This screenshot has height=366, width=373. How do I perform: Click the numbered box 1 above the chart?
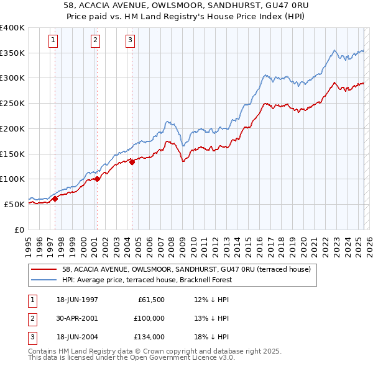point(53,41)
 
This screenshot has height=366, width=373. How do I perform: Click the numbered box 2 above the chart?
point(95,41)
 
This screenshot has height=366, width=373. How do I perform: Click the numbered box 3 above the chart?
point(130,41)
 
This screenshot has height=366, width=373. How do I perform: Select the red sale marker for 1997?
point(55,199)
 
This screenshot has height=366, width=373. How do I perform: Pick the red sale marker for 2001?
point(97,179)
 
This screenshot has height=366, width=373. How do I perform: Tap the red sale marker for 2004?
point(132,162)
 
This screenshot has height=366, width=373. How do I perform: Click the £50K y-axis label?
point(14,204)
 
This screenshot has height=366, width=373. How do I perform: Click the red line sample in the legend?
point(45,270)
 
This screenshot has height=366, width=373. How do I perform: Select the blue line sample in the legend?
point(45,280)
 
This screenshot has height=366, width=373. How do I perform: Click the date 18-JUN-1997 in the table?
point(78,300)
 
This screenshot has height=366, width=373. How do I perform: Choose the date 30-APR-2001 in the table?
point(78,318)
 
